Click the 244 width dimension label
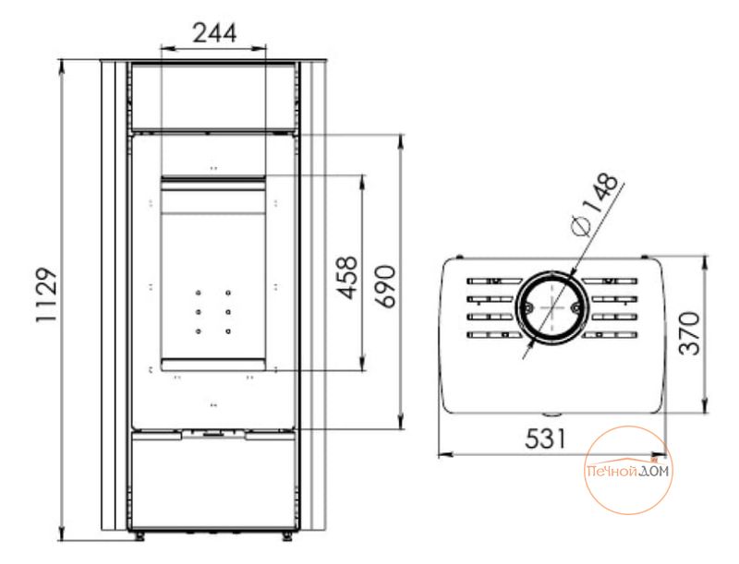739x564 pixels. pyautogui.click(x=215, y=33)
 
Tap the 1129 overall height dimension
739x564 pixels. pyautogui.click(x=47, y=295)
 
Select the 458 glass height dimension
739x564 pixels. pyautogui.click(x=347, y=278)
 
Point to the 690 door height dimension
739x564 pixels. pyautogui.click(x=385, y=287)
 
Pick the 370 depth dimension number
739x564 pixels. pyautogui.click(x=689, y=333)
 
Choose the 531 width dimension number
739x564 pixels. pyautogui.click(x=544, y=439)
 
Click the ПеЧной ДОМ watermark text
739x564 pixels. pyautogui.click(x=628, y=471)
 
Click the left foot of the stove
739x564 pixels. pyautogui.click(x=139, y=535)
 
